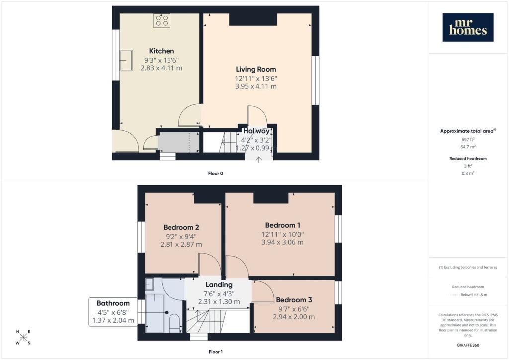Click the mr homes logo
click(468, 27)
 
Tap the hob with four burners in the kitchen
click(162, 21)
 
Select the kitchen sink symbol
click(126, 60)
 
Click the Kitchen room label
click(162, 51)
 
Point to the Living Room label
click(256, 69)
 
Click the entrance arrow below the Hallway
click(258, 160)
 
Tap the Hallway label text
click(256, 131)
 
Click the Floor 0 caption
click(216, 174)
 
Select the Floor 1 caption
click(216, 352)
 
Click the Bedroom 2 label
click(181, 227)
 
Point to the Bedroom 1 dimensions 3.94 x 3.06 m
click(282, 242)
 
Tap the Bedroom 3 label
click(294, 300)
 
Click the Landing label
click(219, 285)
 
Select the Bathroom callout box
click(113, 312)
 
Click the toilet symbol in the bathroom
click(175, 323)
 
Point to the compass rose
click(23, 337)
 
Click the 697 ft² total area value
click(468, 139)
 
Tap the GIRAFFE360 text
click(468, 345)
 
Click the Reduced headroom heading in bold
click(468, 159)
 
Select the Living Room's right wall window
click(315, 81)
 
